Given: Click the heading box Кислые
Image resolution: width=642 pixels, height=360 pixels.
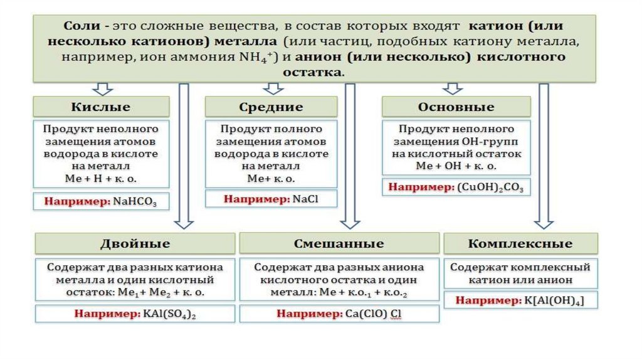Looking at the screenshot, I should (x=101, y=106).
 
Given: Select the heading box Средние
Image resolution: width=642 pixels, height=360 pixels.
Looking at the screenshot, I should (x=271, y=107).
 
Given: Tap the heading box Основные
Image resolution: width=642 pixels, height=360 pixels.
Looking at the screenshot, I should (x=456, y=106).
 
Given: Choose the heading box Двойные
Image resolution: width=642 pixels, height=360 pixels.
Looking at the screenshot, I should (x=134, y=243).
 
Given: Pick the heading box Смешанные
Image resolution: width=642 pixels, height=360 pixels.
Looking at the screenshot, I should (x=339, y=243).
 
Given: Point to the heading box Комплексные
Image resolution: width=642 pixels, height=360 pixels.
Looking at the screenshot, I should (x=520, y=243).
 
